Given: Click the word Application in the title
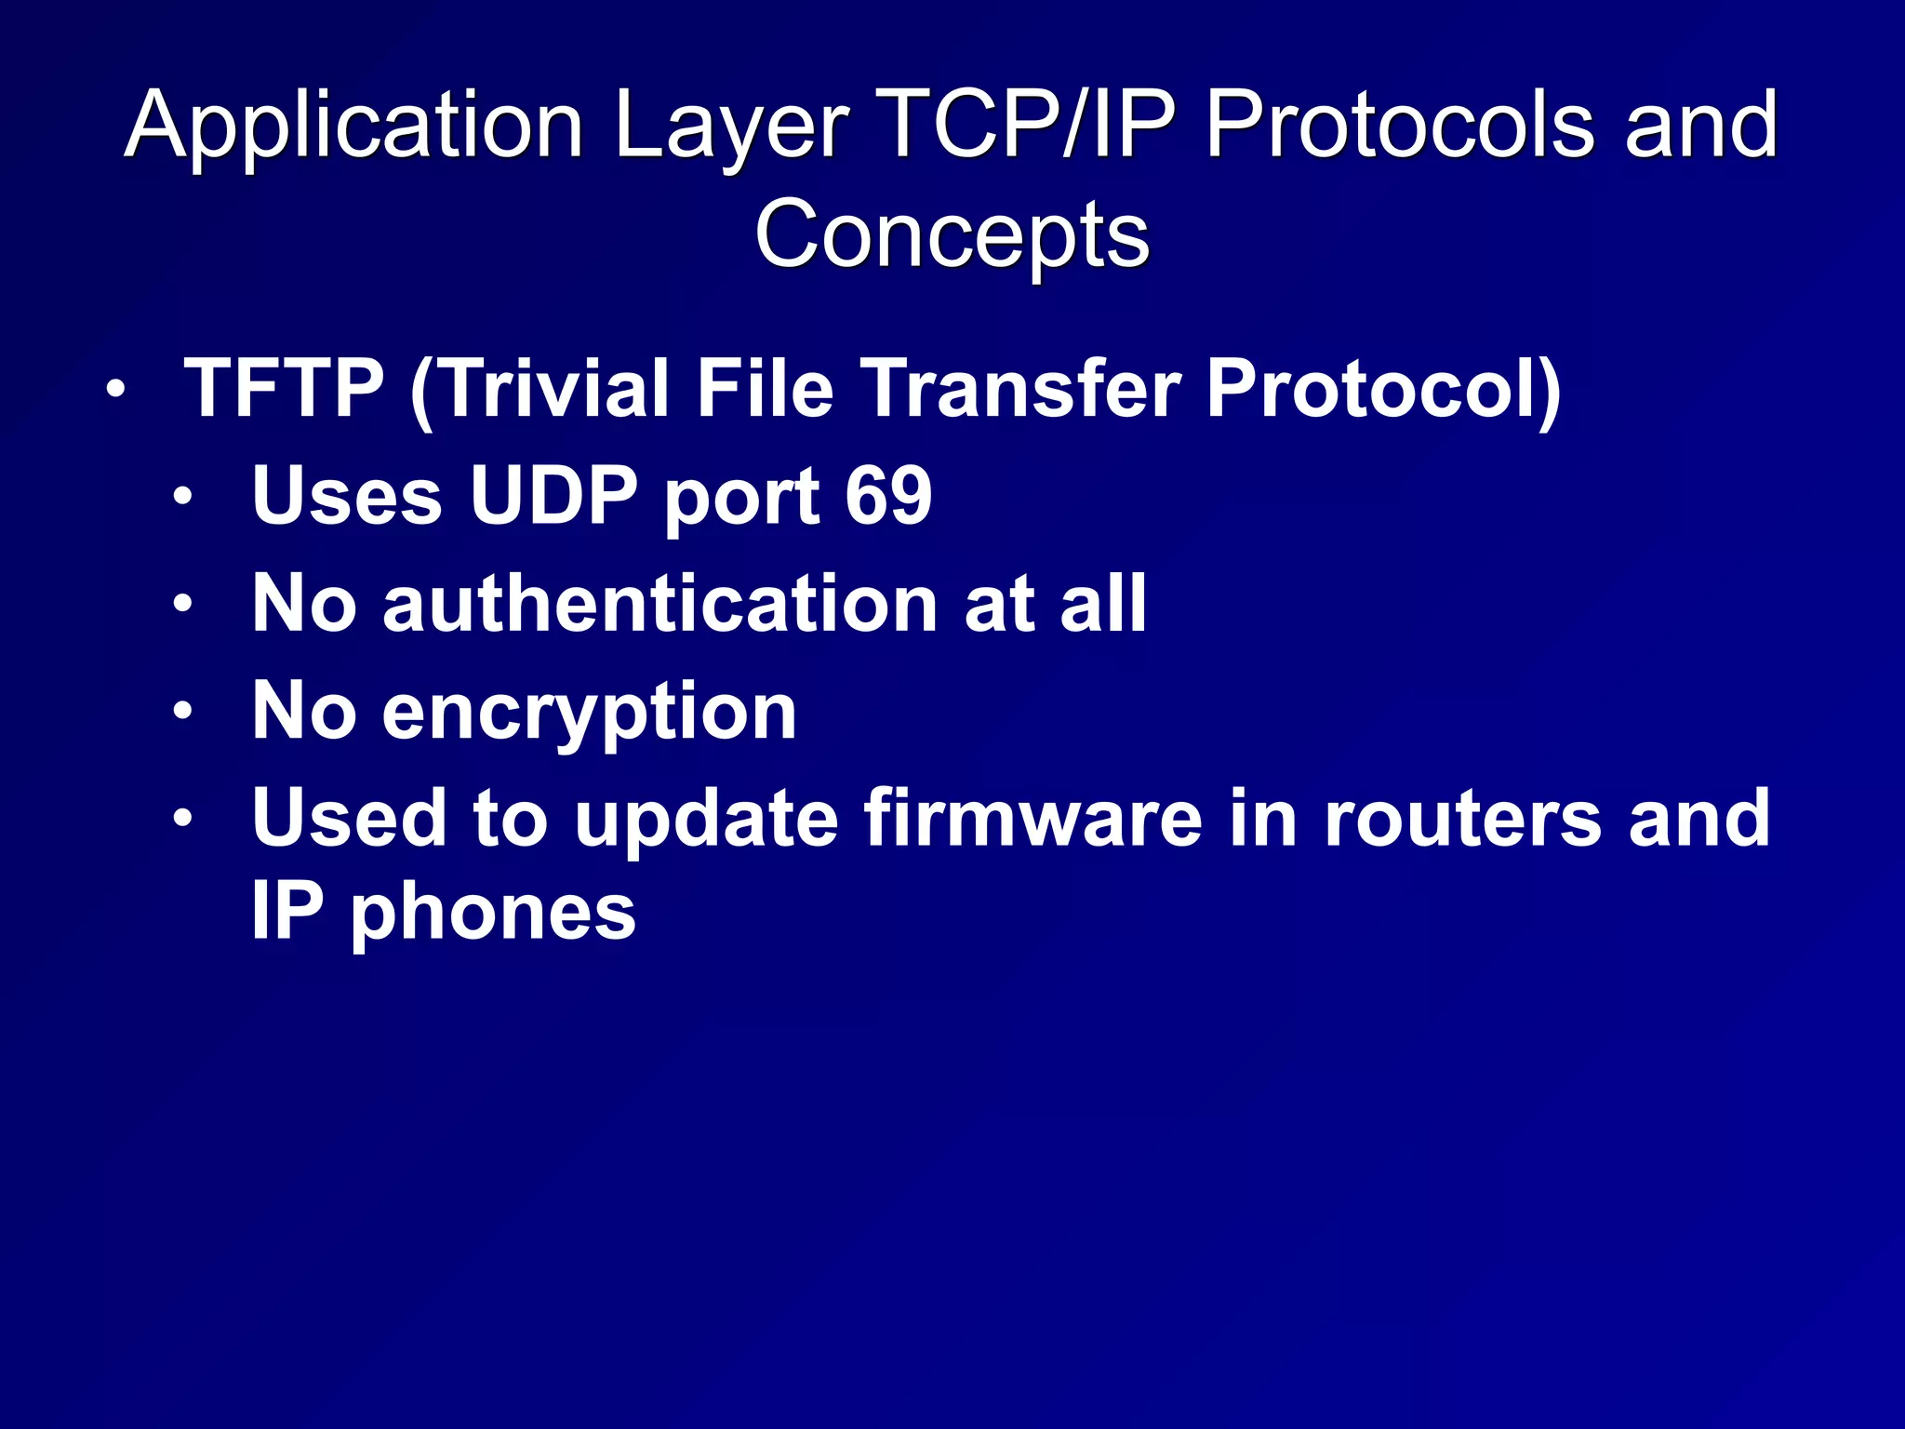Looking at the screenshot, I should pyautogui.click(x=353, y=127).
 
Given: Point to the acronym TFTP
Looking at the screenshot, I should pyautogui.click(x=284, y=388).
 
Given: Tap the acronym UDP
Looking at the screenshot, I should pyautogui.click(x=553, y=495).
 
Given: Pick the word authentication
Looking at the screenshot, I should pyautogui.click(x=660, y=604).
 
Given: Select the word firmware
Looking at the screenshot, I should pyautogui.click(x=1032, y=819).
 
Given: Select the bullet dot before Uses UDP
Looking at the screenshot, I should pyautogui.click(x=182, y=497).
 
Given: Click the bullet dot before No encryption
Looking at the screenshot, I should pyautogui.click(x=182, y=713).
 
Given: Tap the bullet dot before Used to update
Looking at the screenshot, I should pyautogui.click(x=182, y=820).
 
